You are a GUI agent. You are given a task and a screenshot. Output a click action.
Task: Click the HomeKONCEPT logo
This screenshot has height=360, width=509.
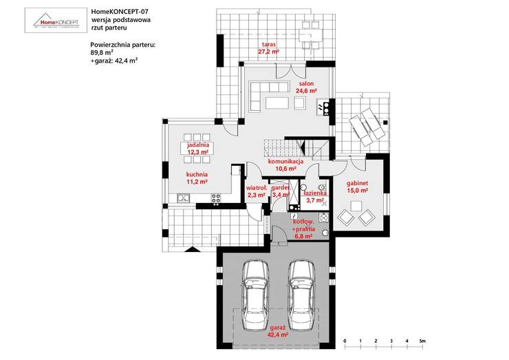[x=56, y=20]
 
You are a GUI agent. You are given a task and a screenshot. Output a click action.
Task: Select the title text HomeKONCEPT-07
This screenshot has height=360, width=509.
[x=114, y=12]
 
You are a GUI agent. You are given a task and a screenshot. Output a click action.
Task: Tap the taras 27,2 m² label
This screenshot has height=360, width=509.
[x=268, y=48]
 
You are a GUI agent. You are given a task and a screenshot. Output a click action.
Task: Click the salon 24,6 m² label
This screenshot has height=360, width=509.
[x=306, y=87]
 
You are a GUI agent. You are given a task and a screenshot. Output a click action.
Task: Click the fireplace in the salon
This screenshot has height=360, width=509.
[x=321, y=107]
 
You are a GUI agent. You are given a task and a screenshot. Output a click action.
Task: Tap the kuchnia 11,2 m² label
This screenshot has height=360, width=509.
[x=197, y=178]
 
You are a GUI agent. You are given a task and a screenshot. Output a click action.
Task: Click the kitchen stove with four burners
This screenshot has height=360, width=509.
[x=216, y=199]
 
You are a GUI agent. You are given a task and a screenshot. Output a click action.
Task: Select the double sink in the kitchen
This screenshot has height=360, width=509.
[x=183, y=199]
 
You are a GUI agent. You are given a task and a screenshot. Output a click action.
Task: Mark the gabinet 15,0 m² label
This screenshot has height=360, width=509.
[x=358, y=187]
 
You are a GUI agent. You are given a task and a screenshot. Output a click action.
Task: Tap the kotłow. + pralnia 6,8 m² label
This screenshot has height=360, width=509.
[x=303, y=228]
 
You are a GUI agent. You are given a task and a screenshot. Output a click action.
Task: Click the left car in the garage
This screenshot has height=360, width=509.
[x=255, y=289]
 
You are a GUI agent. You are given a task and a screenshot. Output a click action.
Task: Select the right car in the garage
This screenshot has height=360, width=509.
[x=301, y=289]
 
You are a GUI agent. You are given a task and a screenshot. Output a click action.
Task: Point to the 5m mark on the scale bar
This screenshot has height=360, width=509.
[x=423, y=341]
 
